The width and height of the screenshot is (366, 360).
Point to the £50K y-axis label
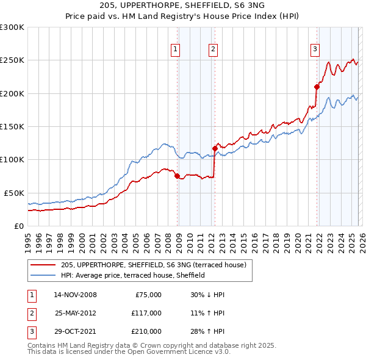13,193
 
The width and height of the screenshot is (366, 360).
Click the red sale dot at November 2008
177,176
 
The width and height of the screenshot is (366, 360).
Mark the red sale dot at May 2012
215,148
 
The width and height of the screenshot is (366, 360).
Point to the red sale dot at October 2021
317,87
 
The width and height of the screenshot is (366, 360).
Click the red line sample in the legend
44,265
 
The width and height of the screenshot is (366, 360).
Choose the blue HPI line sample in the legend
44,275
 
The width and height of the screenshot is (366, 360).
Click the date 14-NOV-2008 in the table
75,295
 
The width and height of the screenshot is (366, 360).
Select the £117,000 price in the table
146,313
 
